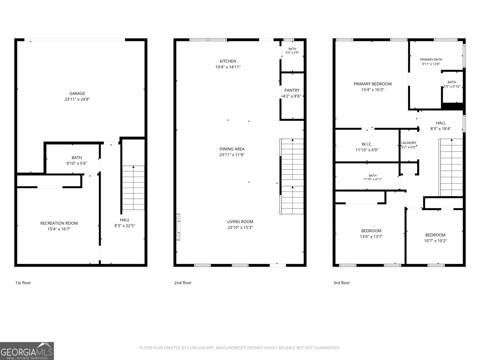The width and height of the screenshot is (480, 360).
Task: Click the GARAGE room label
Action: point(77,94)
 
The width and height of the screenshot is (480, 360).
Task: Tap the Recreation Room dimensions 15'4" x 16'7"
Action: point(59,229)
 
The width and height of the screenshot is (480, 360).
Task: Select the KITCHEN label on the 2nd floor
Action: point(228,61)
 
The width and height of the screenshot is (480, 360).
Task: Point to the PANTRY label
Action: point(292,90)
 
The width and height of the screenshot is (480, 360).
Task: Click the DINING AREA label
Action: point(232,149)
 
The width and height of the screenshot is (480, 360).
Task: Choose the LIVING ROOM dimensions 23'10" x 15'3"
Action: point(240,227)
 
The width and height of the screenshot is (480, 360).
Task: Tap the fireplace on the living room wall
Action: point(178,227)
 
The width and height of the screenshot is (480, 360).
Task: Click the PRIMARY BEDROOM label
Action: point(373,84)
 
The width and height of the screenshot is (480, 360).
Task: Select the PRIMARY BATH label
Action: point(431,59)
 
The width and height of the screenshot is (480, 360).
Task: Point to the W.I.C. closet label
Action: point(367,144)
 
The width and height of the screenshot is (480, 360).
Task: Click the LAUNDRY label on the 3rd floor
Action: point(409,143)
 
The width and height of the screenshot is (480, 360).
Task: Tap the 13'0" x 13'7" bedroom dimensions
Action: point(371,236)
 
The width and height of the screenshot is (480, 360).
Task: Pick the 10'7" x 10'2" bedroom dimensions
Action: point(435,241)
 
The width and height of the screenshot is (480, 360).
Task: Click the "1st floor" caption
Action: point(23,283)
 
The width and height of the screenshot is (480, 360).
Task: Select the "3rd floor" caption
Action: point(342,283)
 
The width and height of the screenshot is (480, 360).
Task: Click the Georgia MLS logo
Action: point(27,351)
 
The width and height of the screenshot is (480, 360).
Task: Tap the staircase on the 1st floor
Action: point(133,188)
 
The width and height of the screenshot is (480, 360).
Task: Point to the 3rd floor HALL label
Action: point(441,123)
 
